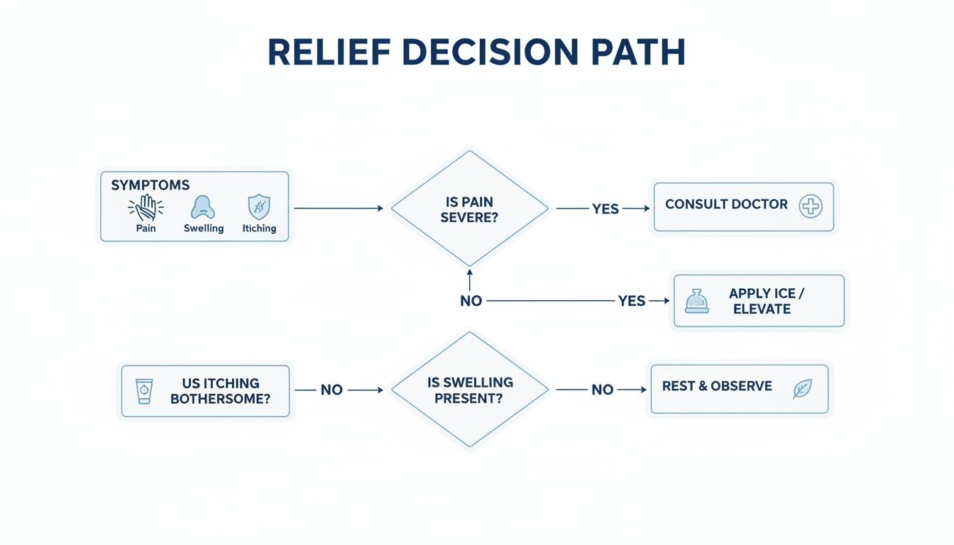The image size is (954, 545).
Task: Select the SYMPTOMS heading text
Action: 150,185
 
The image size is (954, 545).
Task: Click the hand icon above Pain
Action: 146,208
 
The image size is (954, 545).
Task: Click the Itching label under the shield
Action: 259,229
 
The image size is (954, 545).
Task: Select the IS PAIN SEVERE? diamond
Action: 469,209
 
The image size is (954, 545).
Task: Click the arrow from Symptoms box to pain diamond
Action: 339,209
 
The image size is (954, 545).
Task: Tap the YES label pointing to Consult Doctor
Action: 605,209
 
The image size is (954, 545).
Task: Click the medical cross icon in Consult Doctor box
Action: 810,207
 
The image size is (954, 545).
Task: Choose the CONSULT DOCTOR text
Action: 726,204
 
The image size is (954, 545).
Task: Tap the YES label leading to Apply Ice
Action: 631,301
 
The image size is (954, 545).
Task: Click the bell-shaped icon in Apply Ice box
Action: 696,301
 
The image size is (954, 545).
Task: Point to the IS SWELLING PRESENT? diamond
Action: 469,390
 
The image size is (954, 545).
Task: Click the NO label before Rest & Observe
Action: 602,390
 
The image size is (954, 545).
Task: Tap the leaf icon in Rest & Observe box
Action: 802,388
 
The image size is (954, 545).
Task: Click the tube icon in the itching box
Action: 144,390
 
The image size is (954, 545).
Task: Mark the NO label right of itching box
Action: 331,390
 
